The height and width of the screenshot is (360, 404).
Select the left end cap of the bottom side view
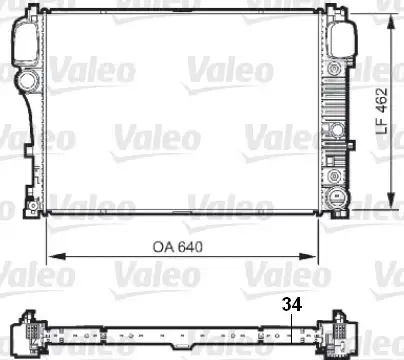(30, 335)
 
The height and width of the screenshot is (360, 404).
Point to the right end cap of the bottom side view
(338, 335)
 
